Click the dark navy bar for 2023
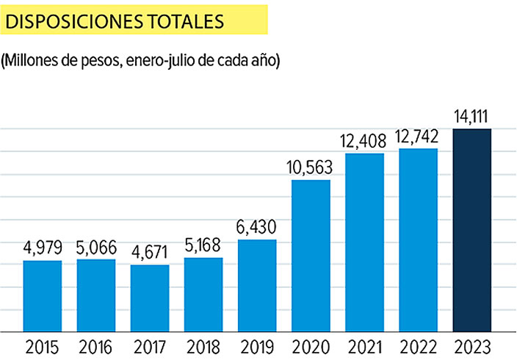(x=471, y=230)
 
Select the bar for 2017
(x=150, y=298)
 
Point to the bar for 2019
(x=257, y=286)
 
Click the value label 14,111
(x=471, y=116)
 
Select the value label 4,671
(x=150, y=252)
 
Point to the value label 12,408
(x=364, y=140)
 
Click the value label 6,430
(x=257, y=227)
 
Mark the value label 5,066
(x=96, y=246)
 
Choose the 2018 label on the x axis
(x=203, y=345)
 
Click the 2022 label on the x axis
(x=418, y=345)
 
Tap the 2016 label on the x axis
(x=96, y=345)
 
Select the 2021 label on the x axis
(x=364, y=345)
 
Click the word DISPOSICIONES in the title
(x=76, y=21)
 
